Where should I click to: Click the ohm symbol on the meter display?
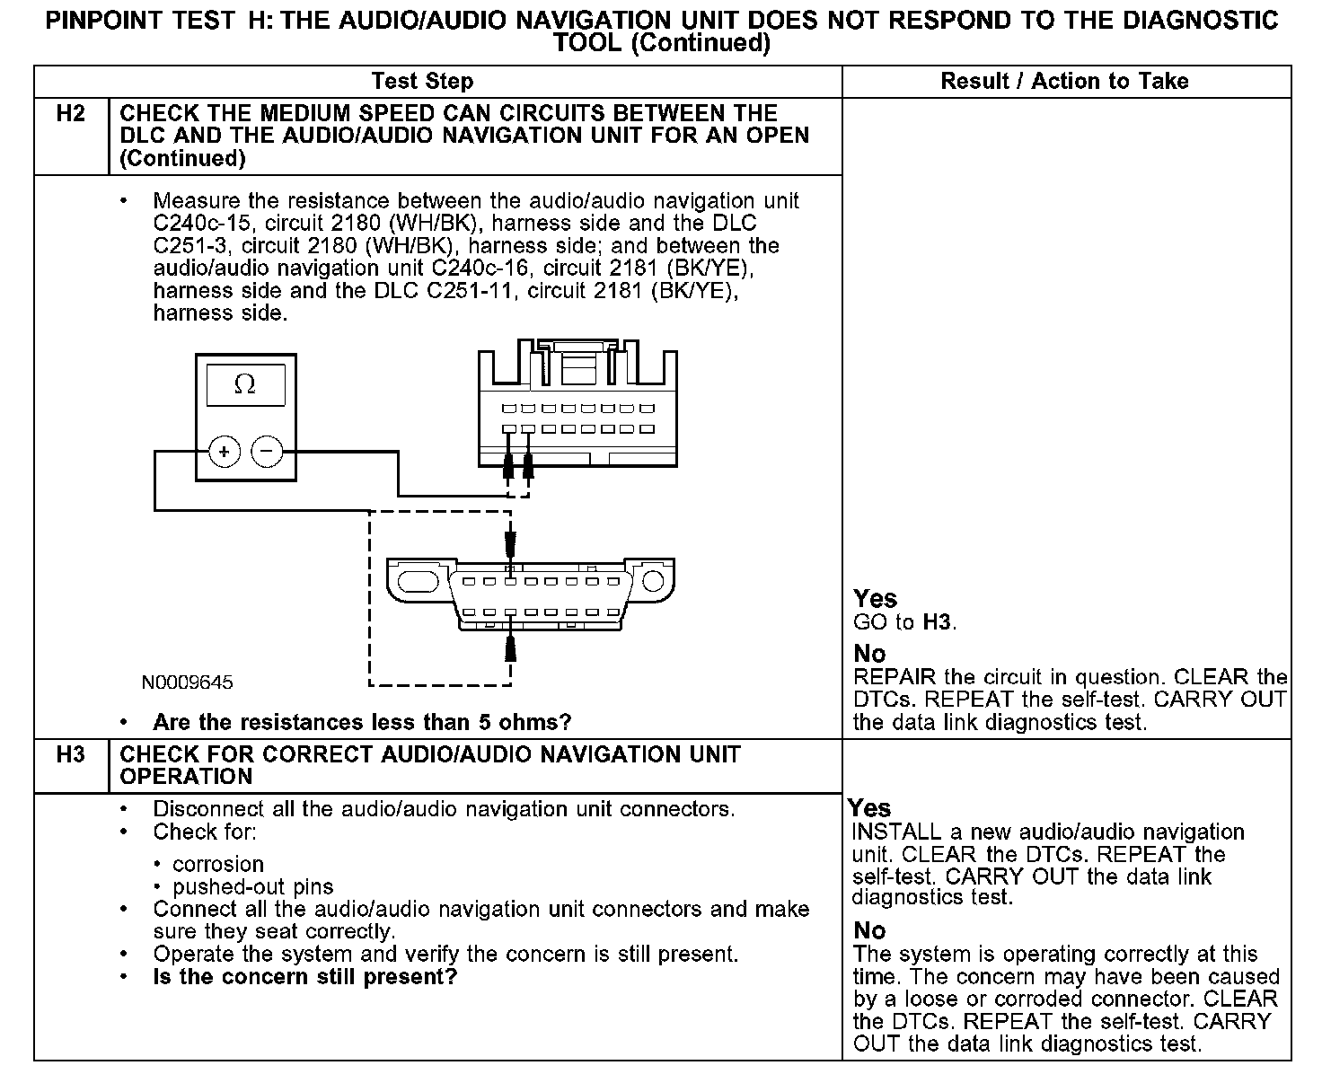244,385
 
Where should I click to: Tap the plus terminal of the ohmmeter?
225,452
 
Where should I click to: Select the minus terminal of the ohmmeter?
266,452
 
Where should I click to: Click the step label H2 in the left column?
70,114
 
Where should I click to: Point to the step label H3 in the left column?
70,754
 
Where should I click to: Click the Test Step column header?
422,82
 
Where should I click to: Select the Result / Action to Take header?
1064,82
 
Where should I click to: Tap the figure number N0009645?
187,682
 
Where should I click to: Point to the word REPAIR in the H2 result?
895,677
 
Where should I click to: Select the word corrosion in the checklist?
218,864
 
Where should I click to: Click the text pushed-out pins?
252,887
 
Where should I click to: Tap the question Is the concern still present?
305,977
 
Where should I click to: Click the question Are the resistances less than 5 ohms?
362,722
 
